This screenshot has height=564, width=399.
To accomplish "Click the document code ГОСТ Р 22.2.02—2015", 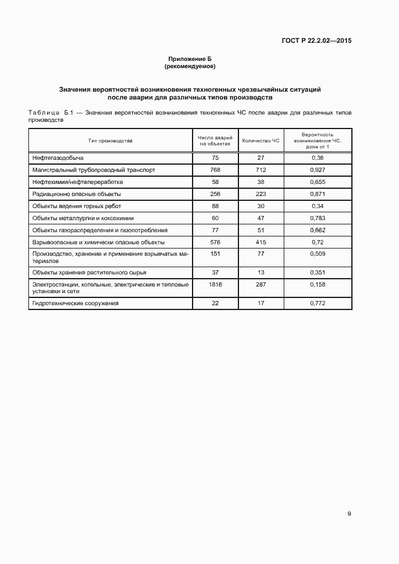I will [316, 41].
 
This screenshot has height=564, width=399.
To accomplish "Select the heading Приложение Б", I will [190, 59].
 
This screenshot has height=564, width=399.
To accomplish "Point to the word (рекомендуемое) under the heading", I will [190, 66].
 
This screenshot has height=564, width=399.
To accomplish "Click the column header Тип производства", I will [110, 141].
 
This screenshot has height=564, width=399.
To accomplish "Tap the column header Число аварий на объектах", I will [215, 141].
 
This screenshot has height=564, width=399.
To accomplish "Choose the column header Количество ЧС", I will [261, 141].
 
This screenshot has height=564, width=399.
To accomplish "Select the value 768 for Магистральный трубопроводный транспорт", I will [215, 170].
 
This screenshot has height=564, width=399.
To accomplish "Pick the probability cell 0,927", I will [318, 170].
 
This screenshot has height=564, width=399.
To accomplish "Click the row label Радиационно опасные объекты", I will [77, 194].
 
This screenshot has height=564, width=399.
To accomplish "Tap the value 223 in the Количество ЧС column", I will [261, 194].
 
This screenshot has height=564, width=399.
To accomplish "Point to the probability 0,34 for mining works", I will [318, 206].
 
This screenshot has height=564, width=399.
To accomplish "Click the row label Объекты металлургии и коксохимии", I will [83, 218].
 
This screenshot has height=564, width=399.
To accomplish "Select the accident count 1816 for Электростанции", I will [215, 284].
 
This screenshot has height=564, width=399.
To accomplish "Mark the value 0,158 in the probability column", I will [318, 284].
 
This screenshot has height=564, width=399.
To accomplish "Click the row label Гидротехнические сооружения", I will [75, 303].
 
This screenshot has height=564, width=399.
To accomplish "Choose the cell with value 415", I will [261, 242].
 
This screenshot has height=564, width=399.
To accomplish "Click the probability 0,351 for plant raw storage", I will [318, 272].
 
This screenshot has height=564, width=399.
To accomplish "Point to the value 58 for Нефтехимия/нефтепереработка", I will [215, 182].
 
